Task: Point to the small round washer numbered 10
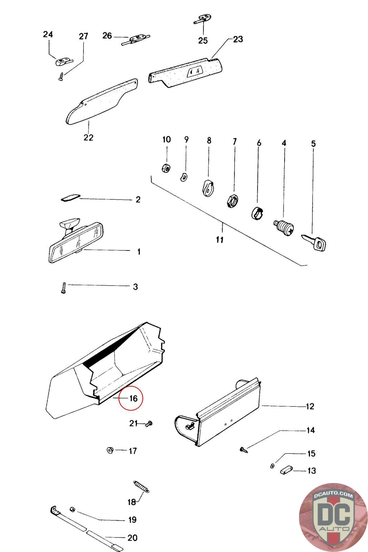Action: coord(166,168)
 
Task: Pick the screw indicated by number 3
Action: coord(63,287)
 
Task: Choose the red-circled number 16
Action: coord(133,398)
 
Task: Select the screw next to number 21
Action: coord(149,424)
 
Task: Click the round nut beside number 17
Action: coord(110,450)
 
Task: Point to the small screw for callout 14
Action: coord(244,450)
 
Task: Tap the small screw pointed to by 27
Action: coord(61,76)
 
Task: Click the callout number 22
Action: coord(88,137)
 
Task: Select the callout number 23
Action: coord(238,39)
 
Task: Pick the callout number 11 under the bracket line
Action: coord(220,239)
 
